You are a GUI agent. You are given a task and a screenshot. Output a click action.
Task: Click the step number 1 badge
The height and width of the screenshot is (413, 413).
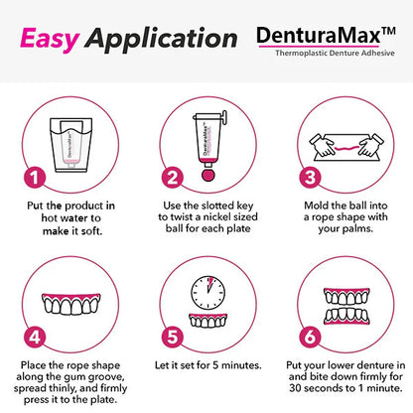(x=35, y=178)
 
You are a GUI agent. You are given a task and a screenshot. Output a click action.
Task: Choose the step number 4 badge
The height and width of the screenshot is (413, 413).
(x=35, y=337)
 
